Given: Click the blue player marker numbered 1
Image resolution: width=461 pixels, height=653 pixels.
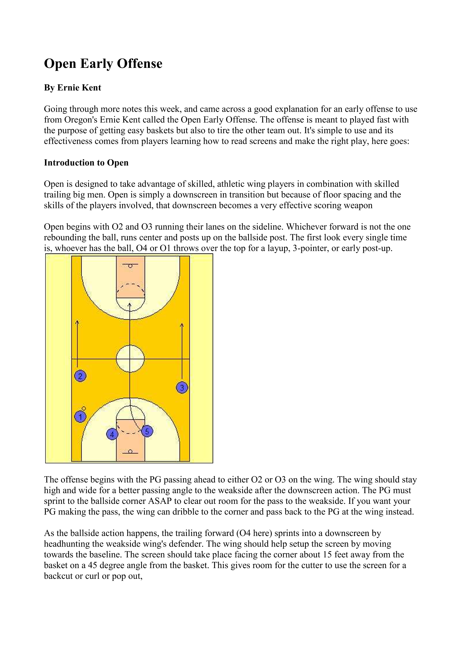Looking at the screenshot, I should pos(80,417).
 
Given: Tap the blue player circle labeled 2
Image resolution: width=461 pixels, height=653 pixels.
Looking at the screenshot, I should pos(80,376).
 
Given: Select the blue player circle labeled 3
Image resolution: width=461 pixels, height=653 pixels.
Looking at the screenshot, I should pos(182,387).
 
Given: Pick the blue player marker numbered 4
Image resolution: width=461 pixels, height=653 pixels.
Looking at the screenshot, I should pos(112,434).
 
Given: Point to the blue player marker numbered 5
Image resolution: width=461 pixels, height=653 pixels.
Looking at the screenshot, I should pos(147,431).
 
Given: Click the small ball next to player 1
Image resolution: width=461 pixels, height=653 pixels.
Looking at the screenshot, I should pos(84,408).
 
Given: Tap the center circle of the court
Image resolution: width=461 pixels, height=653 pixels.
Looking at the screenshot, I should pos(130,359).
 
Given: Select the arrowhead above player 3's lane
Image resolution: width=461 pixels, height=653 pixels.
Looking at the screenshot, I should pos(182,325).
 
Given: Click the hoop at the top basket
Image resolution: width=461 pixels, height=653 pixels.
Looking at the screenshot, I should pos(130,266).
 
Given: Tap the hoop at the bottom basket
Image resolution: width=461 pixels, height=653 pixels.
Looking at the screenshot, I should pos(130,451).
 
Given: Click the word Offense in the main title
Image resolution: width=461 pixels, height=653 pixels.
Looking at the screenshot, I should pos(140,63).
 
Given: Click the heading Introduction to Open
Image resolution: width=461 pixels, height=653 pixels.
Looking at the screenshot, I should pos(86,163).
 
